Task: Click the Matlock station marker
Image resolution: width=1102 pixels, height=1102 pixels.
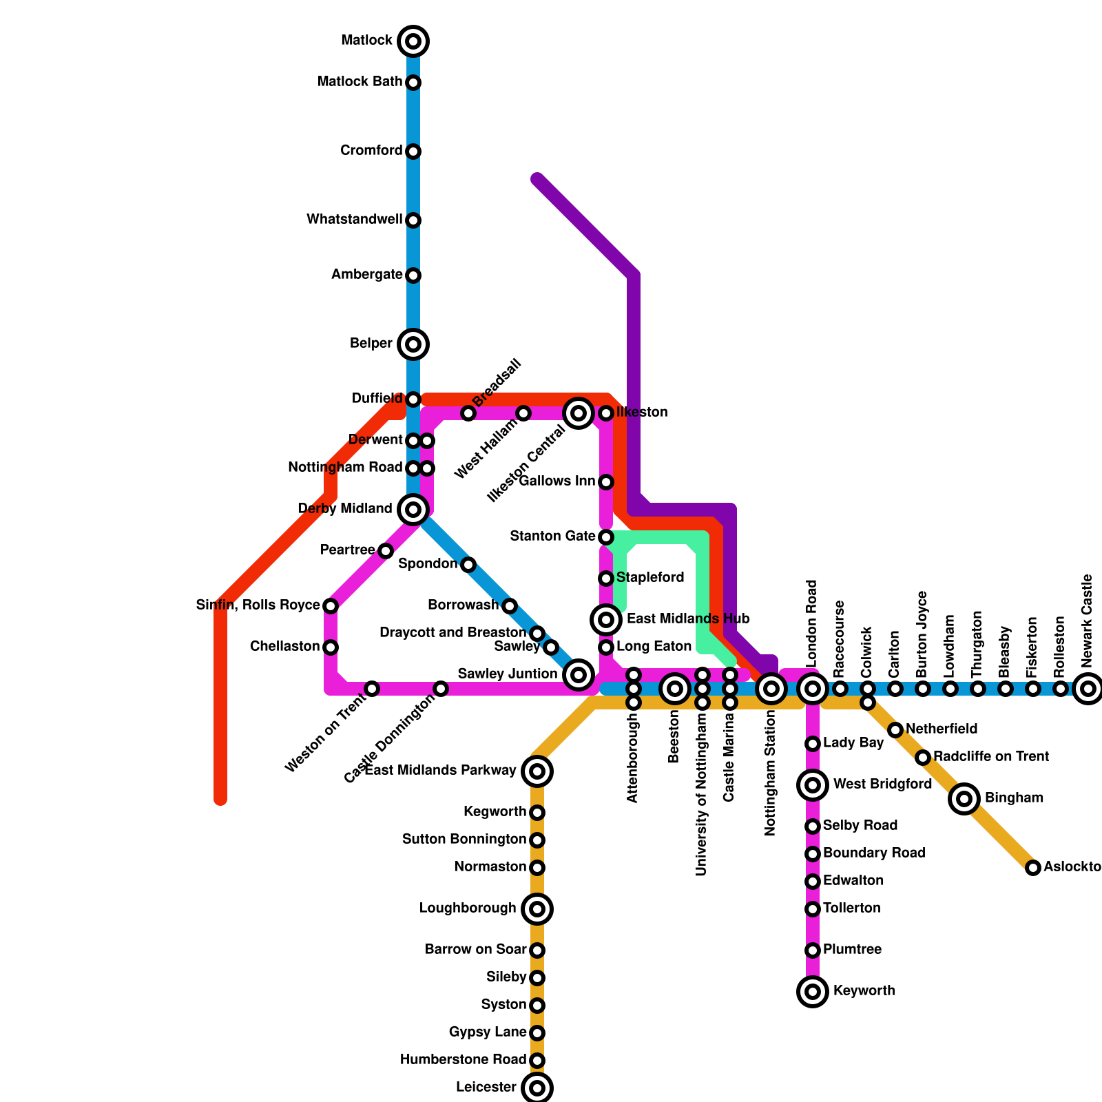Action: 413,41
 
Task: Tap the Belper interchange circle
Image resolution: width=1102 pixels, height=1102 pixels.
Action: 413,344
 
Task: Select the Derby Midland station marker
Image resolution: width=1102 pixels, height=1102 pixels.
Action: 413,510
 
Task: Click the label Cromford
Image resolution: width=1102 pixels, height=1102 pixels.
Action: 371,151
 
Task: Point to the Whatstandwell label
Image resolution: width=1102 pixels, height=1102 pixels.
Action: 354,220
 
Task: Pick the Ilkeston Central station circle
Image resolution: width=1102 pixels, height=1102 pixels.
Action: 579,413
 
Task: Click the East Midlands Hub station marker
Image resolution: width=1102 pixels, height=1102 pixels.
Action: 606,620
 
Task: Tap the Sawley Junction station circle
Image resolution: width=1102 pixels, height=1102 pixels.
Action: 579,675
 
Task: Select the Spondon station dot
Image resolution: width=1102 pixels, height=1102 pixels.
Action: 468,565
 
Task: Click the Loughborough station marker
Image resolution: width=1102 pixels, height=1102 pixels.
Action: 537,909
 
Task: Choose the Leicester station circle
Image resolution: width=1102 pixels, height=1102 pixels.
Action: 537,1088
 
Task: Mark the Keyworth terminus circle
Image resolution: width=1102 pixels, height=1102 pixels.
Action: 813,992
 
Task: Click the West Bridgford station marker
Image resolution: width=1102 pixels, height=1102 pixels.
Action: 813,785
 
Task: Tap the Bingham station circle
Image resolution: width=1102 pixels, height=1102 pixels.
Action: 964,799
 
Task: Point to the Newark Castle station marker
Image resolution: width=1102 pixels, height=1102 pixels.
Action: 1088,689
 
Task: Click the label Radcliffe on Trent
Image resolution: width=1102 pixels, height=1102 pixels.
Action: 990,757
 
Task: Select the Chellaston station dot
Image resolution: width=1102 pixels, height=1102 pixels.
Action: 331,647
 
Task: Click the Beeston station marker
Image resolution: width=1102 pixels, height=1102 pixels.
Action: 675,689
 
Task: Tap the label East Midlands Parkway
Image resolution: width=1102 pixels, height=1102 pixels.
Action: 440,771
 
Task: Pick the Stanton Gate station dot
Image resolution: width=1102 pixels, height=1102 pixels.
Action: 606,537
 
